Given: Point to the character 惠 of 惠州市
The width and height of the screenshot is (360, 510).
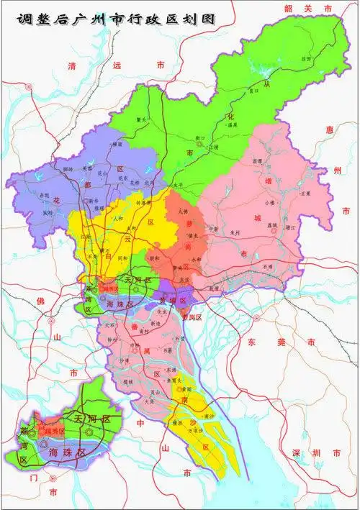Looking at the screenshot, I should [x=329, y=129].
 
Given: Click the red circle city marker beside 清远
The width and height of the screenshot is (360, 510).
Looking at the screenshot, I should [x=29, y=86].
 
